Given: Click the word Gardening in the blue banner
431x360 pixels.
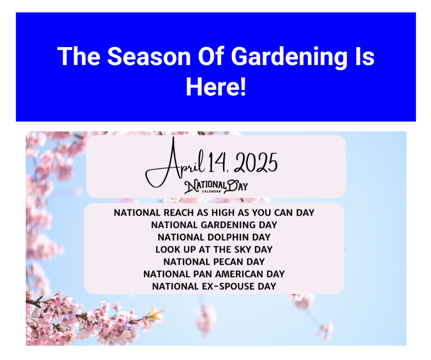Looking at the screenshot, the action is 289,57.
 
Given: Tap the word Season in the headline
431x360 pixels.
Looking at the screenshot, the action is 149,56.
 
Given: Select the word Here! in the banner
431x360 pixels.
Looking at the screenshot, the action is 216,87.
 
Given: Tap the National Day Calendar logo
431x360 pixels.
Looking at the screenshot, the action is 216,186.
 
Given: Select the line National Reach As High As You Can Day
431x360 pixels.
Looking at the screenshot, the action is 214,212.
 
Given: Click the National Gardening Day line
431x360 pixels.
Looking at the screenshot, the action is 214,225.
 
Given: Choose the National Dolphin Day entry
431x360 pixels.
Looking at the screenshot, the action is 214,237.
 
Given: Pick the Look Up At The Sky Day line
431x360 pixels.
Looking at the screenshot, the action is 214,250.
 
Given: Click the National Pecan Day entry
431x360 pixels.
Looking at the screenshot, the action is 214,262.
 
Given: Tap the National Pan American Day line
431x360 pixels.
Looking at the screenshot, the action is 214,274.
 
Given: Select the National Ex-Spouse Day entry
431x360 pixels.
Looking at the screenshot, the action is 214,286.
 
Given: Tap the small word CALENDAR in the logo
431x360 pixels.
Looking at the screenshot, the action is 212,191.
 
